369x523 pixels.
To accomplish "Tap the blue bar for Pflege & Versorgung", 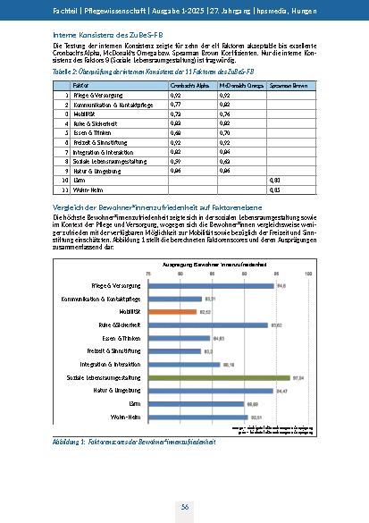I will [x=212, y=285].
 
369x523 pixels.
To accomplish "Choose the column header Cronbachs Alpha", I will [x=189, y=82].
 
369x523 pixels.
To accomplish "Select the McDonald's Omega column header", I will [x=239, y=82].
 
